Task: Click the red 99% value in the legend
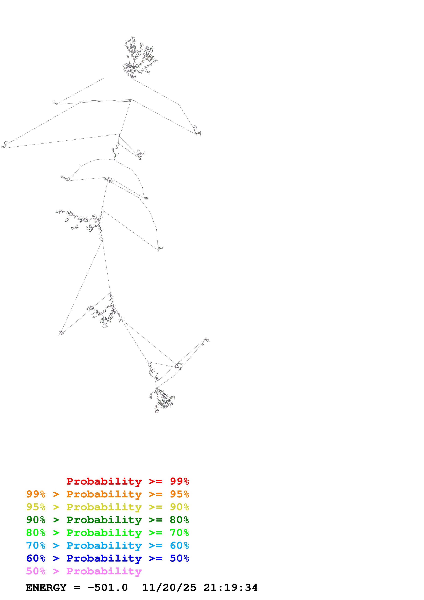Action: pos(179,481)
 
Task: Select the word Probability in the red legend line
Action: pos(104,481)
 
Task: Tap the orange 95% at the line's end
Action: pos(179,494)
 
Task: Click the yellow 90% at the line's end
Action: pos(179,507)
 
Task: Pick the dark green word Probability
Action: pos(104,520)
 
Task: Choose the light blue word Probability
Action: pos(104,545)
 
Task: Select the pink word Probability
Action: pos(104,571)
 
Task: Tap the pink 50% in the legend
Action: pos(36,571)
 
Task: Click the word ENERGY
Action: pos(46,588)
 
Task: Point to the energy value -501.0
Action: pos(107,588)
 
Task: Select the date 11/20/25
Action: pos(169,588)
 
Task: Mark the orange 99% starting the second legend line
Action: pos(36,494)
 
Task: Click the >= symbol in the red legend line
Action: pos(155,481)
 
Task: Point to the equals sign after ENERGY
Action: pos(77,588)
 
